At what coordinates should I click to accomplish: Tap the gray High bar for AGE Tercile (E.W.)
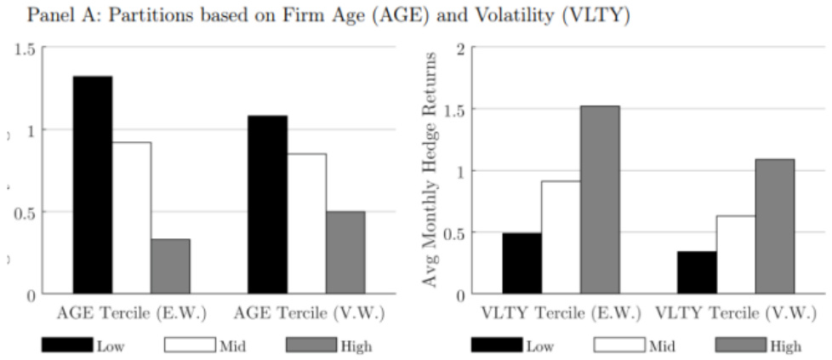170,266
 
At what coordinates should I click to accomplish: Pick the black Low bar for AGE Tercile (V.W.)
267,204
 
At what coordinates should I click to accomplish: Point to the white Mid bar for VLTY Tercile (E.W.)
561,237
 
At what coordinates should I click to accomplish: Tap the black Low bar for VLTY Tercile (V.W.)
698,272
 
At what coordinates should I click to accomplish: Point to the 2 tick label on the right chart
461,49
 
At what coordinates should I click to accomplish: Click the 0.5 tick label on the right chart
453,233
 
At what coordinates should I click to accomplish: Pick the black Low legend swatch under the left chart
67,344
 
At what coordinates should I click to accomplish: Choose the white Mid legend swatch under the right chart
618,344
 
